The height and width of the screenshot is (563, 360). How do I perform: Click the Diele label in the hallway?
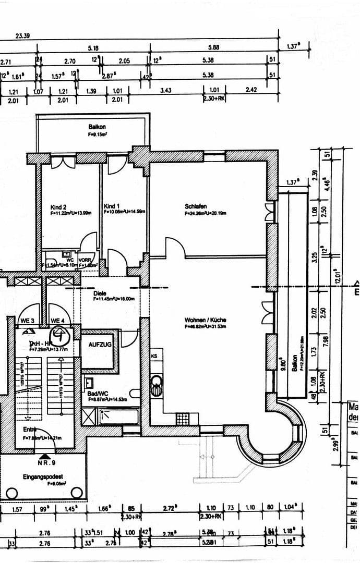(x=100, y=293)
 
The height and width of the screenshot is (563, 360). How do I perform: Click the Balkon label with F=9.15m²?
(x=97, y=127)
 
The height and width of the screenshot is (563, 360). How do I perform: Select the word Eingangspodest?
(x=43, y=476)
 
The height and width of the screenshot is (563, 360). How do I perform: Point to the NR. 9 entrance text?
(x=47, y=462)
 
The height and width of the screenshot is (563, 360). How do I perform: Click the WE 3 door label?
(x=27, y=321)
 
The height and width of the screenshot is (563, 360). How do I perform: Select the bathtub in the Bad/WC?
(x=118, y=416)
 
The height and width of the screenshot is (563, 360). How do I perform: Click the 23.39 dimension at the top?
(x=22, y=36)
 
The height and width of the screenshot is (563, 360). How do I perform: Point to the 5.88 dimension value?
(x=213, y=47)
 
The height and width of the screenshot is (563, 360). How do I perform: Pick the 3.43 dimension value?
(x=166, y=91)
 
